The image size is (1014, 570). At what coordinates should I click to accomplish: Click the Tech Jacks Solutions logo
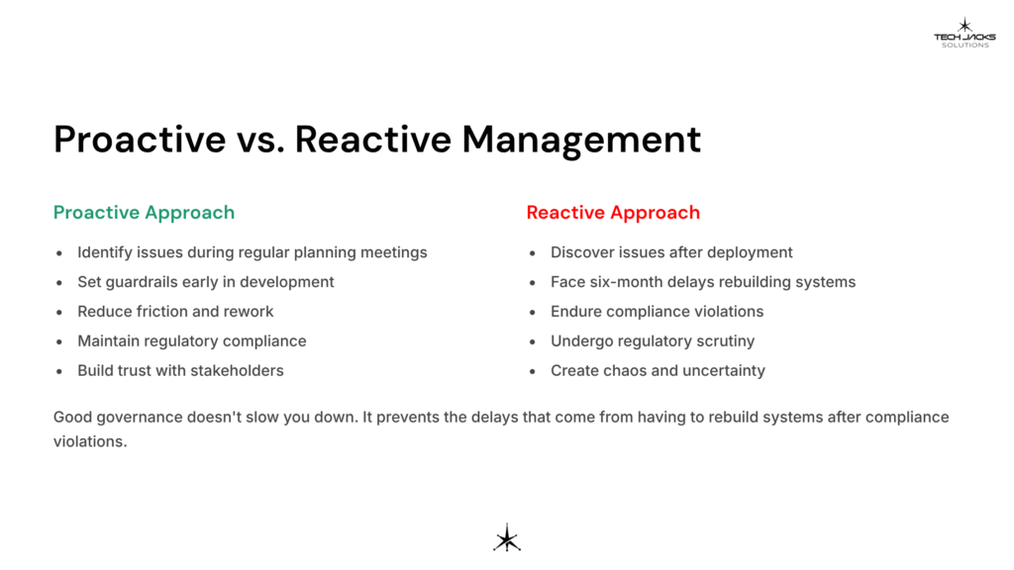964,33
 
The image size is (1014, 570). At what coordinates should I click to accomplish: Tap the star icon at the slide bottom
507,537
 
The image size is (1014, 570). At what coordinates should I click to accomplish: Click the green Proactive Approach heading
144,213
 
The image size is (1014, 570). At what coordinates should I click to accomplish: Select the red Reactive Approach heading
613,213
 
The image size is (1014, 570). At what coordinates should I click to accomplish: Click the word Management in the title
581,140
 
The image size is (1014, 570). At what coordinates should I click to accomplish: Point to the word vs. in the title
260,140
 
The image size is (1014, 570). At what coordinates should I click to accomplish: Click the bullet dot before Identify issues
59,252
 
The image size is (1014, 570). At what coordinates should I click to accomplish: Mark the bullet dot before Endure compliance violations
532,312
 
